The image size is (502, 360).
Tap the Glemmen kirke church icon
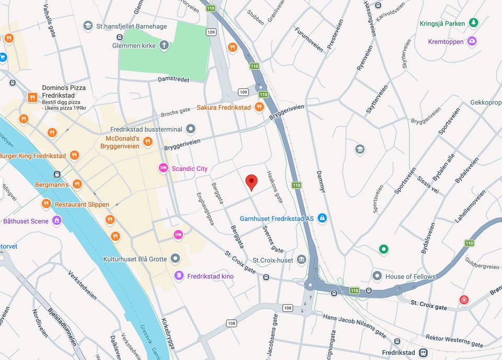pyautogui.click(x=164, y=45)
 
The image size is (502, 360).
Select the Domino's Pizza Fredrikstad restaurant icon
pyautogui.click(x=32, y=97)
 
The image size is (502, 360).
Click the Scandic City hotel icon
pyautogui.click(x=163, y=168)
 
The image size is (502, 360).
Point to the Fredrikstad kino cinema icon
pyautogui.click(x=179, y=275)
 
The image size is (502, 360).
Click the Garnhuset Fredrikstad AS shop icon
pyautogui.click(x=322, y=218)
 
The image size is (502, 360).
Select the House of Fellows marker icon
pyautogui.click(x=377, y=276)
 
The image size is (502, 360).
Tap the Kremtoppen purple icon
pyautogui.click(x=472, y=41)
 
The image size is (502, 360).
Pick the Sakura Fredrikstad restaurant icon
pyautogui.click(x=259, y=107)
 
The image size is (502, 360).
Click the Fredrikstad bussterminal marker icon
pyautogui.click(x=191, y=129)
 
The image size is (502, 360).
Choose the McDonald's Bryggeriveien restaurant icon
pyautogui.click(x=147, y=141)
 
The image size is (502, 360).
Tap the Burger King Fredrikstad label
pyautogui.click(x=33, y=156)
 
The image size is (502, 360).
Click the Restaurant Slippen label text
pyautogui.click(x=82, y=204)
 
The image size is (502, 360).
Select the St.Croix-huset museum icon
pyautogui.click(x=301, y=260)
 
